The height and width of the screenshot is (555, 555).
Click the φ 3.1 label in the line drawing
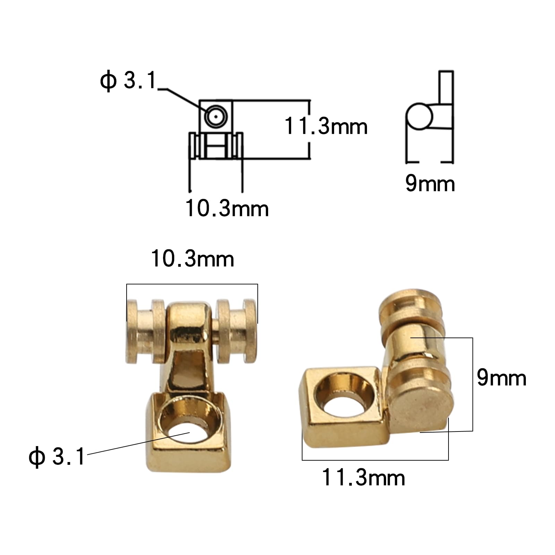(x=128, y=80)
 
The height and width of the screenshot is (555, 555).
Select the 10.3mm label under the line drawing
(x=227, y=208)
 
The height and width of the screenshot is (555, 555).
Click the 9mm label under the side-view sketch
(x=430, y=183)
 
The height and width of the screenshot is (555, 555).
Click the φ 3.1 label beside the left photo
(x=57, y=456)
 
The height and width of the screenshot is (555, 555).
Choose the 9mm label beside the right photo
(x=501, y=378)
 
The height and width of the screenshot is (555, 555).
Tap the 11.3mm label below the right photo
(x=363, y=478)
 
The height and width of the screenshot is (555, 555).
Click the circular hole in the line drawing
(x=216, y=117)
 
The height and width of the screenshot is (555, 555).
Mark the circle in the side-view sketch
(x=419, y=116)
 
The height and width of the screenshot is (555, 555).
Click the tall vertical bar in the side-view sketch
(x=446, y=87)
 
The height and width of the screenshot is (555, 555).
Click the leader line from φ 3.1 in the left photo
(x=139, y=443)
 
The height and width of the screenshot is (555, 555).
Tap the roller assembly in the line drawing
(x=216, y=146)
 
